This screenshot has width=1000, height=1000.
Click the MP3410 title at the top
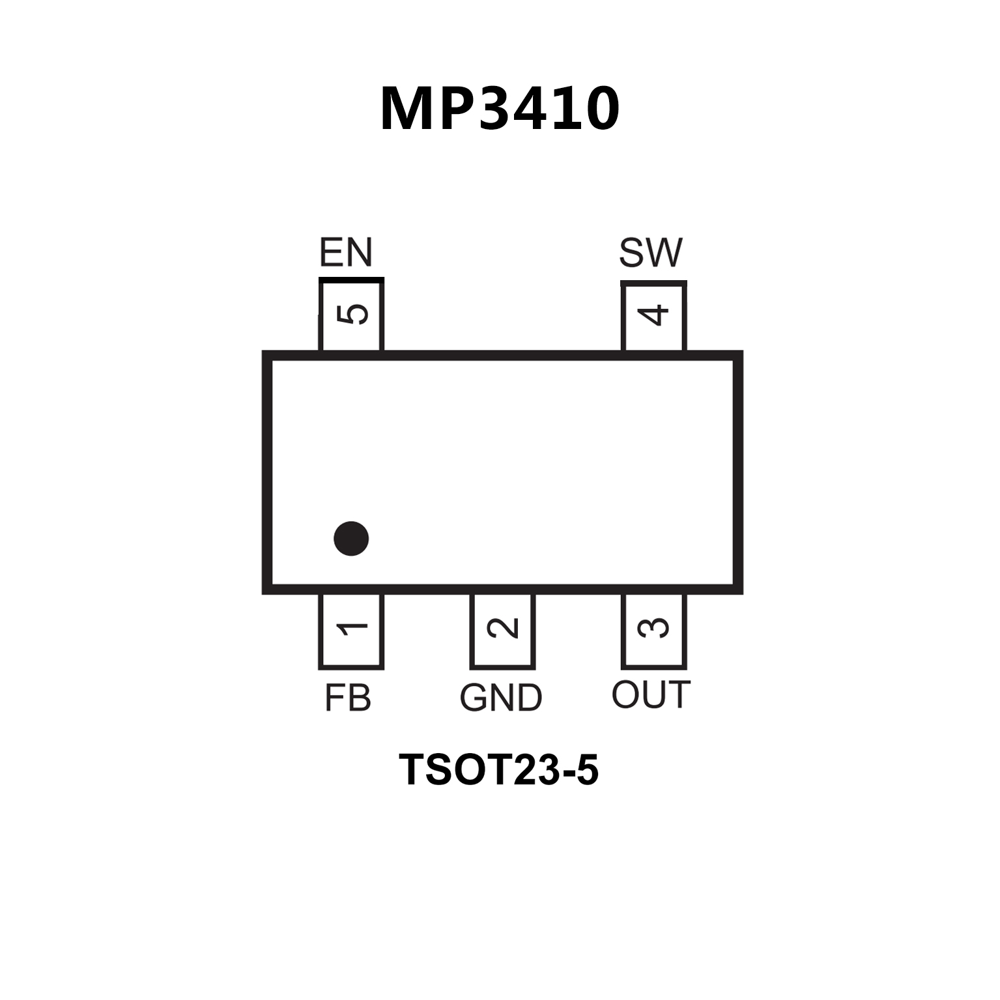click(500, 109)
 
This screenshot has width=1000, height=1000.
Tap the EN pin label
click(345, 253)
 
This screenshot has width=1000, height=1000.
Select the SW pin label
click(650, 253)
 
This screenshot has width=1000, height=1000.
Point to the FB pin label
click(347, 698)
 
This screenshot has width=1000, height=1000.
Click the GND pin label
click(500, 698)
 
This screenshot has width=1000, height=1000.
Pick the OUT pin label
click(650, 694)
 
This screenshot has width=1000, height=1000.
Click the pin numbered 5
click(352, 315)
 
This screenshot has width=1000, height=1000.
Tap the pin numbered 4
click(653, 315)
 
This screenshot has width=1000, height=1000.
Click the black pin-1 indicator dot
click(351, 539)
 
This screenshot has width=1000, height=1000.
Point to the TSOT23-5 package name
click(498, 769)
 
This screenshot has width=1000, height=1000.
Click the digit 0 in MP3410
click(598, 109)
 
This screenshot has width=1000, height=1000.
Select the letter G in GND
click(474, 698)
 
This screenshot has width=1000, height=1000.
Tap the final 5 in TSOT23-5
click(586, 769)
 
